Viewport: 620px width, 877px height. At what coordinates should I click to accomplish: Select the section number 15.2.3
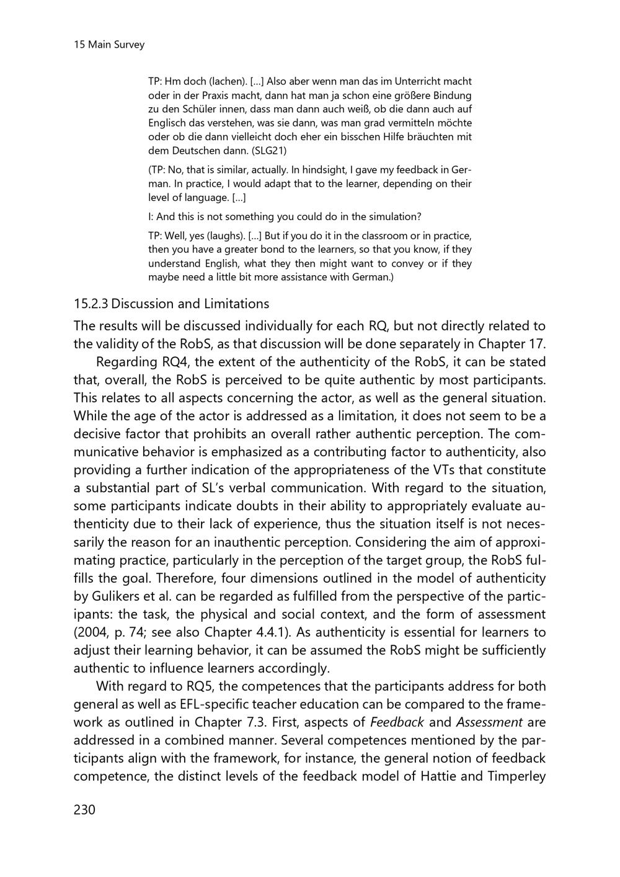pos(91,304)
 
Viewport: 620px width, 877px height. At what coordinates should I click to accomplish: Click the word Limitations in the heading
pos(239,304)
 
